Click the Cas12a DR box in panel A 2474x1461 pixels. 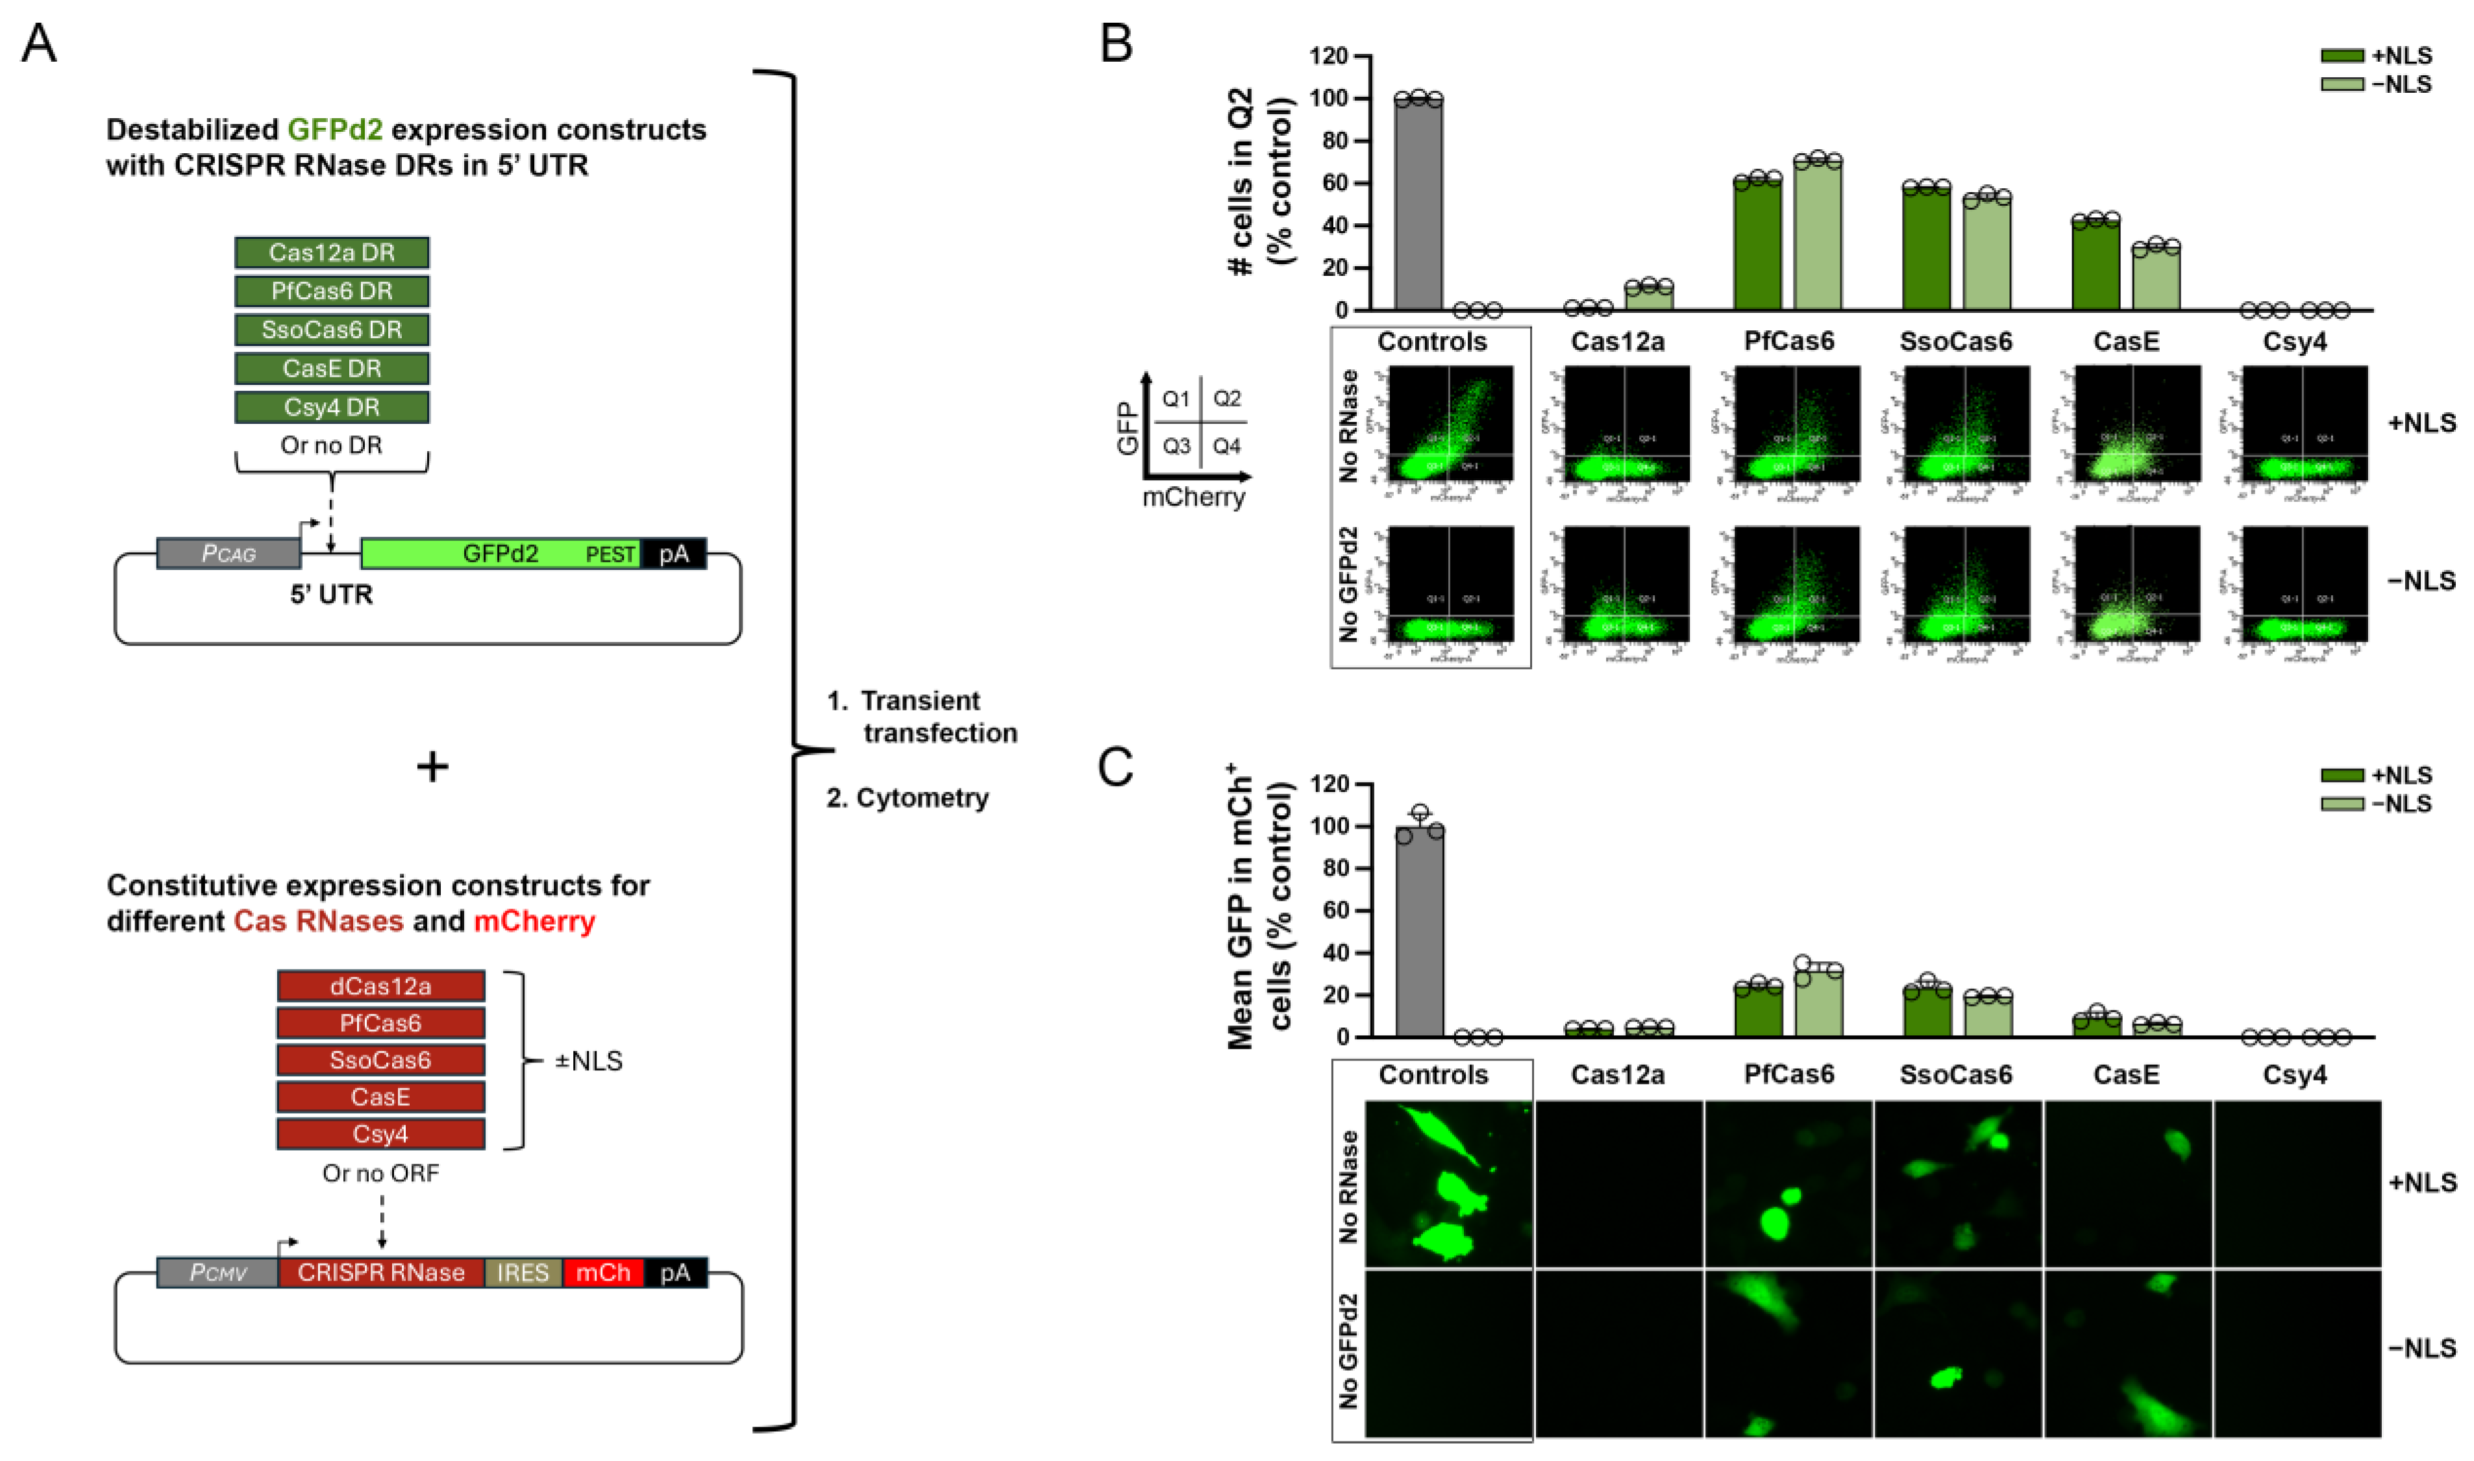[x=331, y=253]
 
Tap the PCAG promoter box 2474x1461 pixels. [x=229, y=553]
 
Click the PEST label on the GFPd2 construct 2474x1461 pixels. [x=610, y=554]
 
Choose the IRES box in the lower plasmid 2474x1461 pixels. [x=523, y=1273]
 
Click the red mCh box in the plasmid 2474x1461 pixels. [x=602, y=1273]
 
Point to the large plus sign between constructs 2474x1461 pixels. [x=432, y=766]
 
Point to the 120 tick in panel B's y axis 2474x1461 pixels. [x=1328, y=56]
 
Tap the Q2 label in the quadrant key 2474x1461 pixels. [x=1227, y=399]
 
